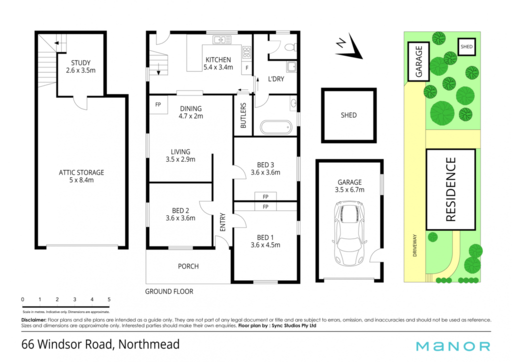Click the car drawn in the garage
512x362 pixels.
(348, 234)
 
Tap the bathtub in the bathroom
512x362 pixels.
(276, 127)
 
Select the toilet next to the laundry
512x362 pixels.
(290, 47)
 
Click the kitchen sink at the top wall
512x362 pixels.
(222, 40)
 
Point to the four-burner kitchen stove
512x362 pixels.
(247, 52)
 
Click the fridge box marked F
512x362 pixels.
(247, 68)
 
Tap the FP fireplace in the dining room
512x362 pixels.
(158, 105)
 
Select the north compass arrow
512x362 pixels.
(349, 46)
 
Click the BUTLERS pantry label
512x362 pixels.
(243, 115)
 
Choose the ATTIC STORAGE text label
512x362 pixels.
(81, 173)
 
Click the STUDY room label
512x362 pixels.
(80, 62)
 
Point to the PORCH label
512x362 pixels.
(188, 267)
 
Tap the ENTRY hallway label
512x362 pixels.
(223, 222)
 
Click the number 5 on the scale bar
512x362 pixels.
(109, 300)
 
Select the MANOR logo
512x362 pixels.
(453, 346)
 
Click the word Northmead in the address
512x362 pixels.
(149, 345)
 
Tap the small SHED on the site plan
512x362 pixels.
(466, 46)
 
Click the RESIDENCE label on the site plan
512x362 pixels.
(450, 189)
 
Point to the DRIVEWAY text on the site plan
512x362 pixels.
(415, 245)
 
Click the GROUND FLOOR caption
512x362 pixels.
(169, 292)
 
